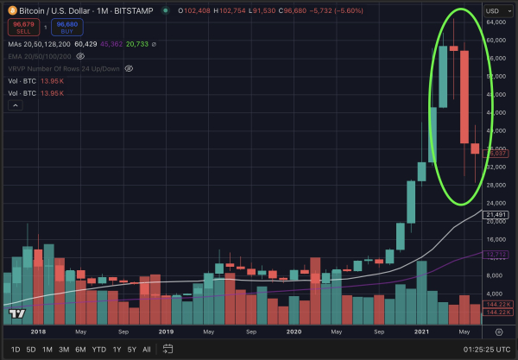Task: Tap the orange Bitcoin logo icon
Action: tap(11, 9)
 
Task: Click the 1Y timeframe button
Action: tap(117, 349)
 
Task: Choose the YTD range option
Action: tap(99, 349)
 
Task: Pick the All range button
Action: tap(146, 349)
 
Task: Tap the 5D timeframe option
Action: tap(31, 349)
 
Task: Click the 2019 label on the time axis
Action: tap(166, 331)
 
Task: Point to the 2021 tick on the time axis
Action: tap(421, 331)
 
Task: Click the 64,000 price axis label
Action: tap(496, 40)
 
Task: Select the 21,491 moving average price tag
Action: tap(496, 214)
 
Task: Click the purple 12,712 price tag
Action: tap(496, 254)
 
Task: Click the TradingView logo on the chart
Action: tap(16, 314)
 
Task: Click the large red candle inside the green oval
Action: tap(464, 96)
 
